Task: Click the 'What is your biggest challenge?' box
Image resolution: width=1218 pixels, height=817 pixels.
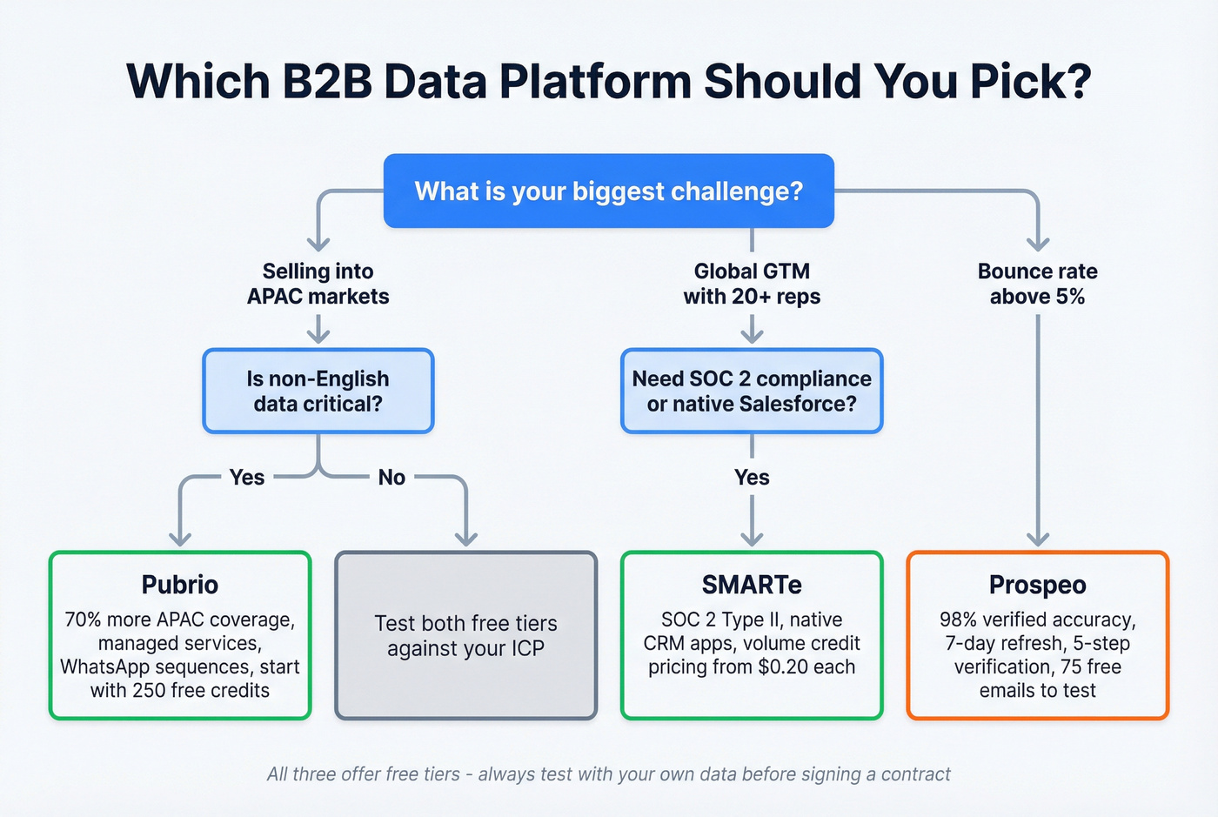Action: (609, 191)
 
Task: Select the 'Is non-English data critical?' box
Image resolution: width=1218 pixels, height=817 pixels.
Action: (318, 392)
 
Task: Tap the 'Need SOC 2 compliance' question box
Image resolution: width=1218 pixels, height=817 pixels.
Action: (752, 392)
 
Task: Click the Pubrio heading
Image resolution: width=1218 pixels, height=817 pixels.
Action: (180, 585)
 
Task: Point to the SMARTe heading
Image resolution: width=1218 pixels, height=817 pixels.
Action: (752, 585)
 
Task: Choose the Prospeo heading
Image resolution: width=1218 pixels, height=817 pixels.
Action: (1037, 585)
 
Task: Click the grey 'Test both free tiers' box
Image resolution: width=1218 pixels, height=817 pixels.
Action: (466, 636)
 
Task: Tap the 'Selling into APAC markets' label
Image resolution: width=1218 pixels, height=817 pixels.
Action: (318, 284)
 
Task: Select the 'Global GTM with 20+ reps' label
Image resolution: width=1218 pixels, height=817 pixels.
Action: (752, 284)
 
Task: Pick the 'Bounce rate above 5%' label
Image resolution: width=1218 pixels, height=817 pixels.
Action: (1037, 284)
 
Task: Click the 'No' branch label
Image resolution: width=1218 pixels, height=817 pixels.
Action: (391, 477)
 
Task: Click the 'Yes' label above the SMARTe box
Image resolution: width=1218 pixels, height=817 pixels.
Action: (752, 477)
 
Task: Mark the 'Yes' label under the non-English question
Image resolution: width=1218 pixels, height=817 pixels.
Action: (247, 477)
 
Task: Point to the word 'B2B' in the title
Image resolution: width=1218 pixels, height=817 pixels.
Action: (327, 81)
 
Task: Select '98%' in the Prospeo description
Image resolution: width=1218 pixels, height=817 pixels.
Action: (959, 620)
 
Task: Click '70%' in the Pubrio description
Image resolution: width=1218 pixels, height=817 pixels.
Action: (84, 620)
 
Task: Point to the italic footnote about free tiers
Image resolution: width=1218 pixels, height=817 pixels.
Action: (609, 774)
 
